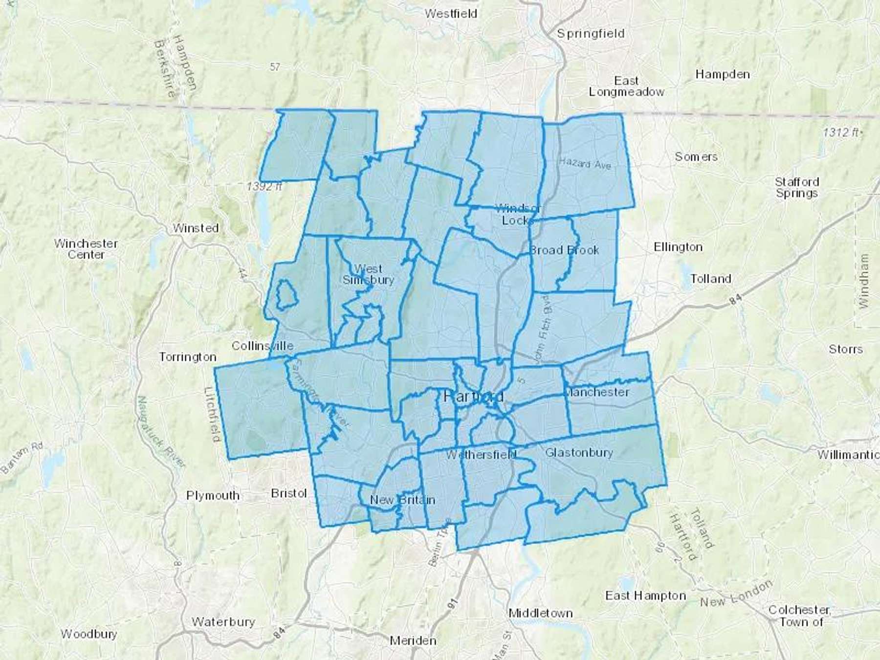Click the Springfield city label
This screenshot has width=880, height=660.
pyautogui.click(x=591, y=34)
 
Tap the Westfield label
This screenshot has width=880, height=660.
pyautogui.click(x=450, y=14)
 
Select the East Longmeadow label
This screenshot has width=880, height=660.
pyautogui.click(x=626, y=86)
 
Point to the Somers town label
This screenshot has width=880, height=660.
pyautogui.click(x=696, y=157)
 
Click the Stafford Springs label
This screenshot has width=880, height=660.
pyautogui.click(x=796, y=187)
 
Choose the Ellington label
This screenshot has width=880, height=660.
pyautogui.click(x=678, y=247)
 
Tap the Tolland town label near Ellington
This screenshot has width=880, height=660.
pyautogui.click(x=711, y=279)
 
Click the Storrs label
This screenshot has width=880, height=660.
pyautogui.click(x=845, y=349)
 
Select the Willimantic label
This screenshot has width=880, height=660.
pyautogui.click(x=848, y=455)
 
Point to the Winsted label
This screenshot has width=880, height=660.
pyautogui.click(x=196, y=228)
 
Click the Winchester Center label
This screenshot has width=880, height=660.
pyautogui.click(x=86, y=249)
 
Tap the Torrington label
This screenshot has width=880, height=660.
pyautogui.click(x=188, y=357)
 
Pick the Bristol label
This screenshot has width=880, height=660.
pyautogui.click(x=288, y=493)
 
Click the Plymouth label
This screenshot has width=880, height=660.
pyautogui.click(x=213, y=495)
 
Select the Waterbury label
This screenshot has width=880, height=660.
pyautogui.click(x=223, y=622)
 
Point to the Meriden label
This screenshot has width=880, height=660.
pyautogui.click(x=413, y=640)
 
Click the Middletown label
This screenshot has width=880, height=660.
pyautogui.click(x=540, y=613)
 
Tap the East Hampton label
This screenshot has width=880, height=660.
pyautogui.click(x=645, y=595)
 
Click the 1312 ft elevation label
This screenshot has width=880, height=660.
pyautogui.click(x=842, y=132)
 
